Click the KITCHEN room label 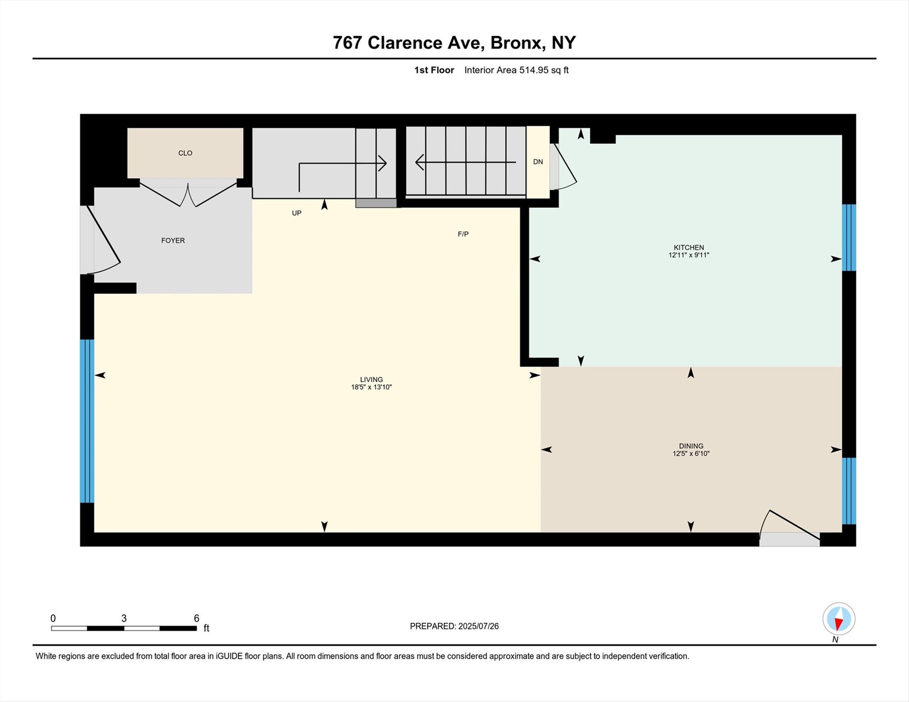pos(689,247)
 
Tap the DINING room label pos(691,446)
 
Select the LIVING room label pos(371,379)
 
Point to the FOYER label pos(173,240)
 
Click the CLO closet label pos(185,153)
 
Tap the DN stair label pos(538,162)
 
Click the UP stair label pos(297,213)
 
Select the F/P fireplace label pos(463,234)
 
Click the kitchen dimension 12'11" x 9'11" pos(689,255)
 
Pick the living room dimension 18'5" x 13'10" pos(371,387)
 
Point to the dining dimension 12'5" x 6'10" pos(691,453)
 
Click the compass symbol pos(839,619)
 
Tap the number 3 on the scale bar pos(124,618)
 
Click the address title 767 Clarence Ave pos(407,43)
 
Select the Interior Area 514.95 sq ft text pos(516,70)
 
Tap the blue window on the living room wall pos(87,421)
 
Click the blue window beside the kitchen pos(849,238)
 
